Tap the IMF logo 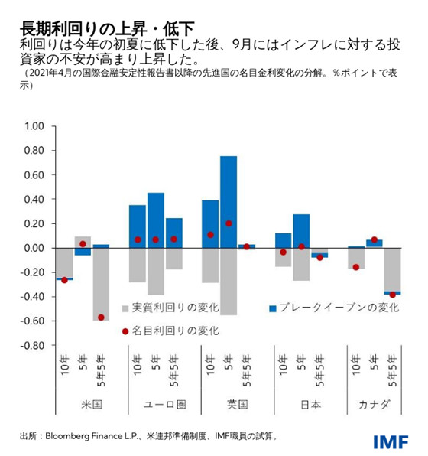pyautogui.click(x=391, y=441)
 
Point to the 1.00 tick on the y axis pyautogui.click(x=35, y=125)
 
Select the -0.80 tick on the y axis pyautogui.click(x=34, y=346)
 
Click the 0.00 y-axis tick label pyautogui.click(x=35, y=248)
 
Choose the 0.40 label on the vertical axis pyautogui.click(x=35, y=199)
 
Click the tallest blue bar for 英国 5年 pyautogui.click(x=228, y=202)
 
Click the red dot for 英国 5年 pyautogui.click(x=229, y=223)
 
